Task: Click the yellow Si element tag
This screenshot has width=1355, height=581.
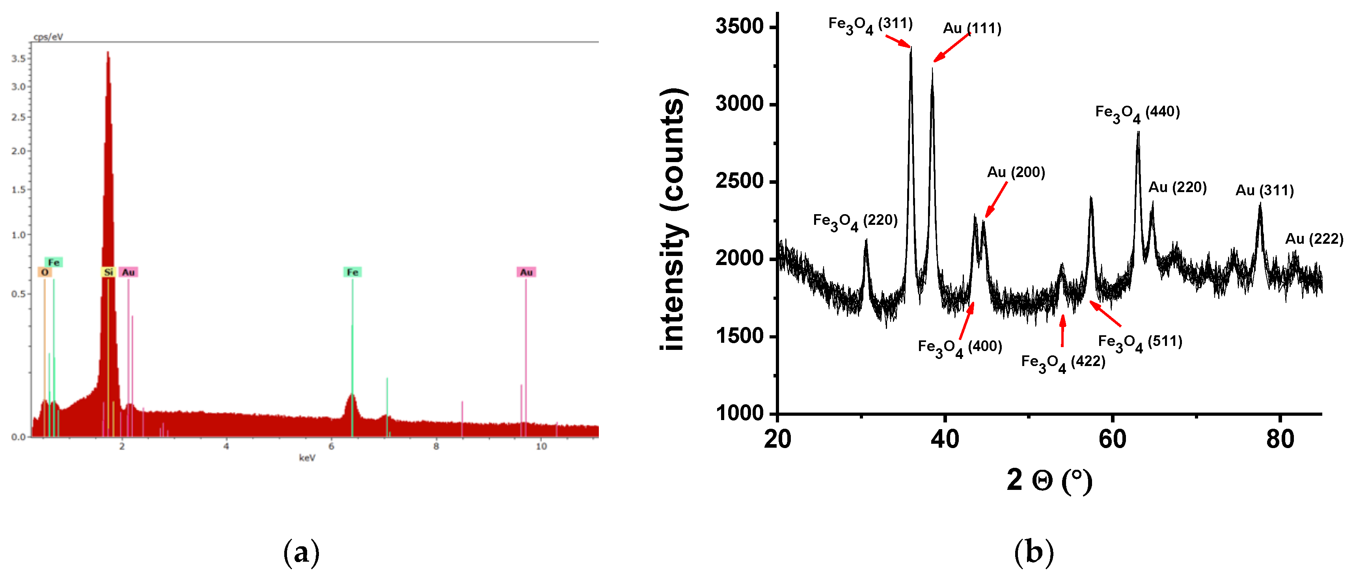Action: click(x=108, y=272)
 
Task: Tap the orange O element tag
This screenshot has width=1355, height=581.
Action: click(x=45, y=272)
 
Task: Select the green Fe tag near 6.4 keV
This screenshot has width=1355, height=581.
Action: click(x=352, y=272)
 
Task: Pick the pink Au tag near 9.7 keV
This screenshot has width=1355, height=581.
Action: click(x=526, y=272)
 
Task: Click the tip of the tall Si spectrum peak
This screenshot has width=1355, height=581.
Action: click(x=108, y=52)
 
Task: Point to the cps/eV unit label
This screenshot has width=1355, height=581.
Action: click(x=48, y=37)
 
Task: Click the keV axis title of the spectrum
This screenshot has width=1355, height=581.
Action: click(x=307, y=458)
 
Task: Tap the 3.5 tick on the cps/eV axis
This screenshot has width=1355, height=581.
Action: click(x=19, y=58)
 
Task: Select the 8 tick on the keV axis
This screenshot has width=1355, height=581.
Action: click(x=436, y=446)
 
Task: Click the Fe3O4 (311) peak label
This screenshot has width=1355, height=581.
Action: click(x=870, y=25)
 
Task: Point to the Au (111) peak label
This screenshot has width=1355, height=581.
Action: click(x=972, y=28)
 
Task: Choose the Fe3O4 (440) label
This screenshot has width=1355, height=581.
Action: click(x=1137, y=113)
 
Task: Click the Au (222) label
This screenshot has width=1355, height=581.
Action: click(x=1314, y=239)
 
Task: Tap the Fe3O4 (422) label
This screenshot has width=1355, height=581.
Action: click(x=1063, y=362)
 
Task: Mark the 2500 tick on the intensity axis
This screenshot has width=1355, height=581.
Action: click(x=739, y=181)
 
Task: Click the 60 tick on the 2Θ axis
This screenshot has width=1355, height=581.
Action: click(x=1113, y=439)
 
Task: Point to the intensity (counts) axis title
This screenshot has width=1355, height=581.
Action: click(x=673, y=219)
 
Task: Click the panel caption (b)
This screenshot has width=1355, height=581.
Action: click(x=1034, y=553)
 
